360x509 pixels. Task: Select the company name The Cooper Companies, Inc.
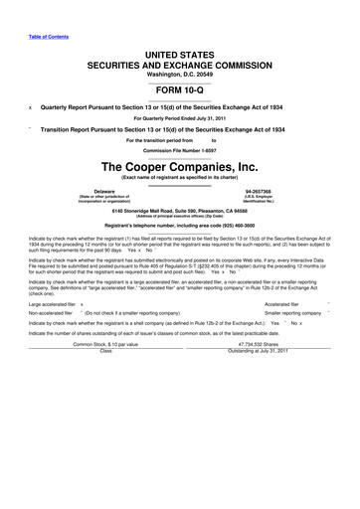pyautogui.click(x=179, y=166)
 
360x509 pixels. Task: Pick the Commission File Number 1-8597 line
pyautogui.click(x=179, y=149)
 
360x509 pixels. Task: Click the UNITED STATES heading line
pyautogui.click(x=179, y=50)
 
